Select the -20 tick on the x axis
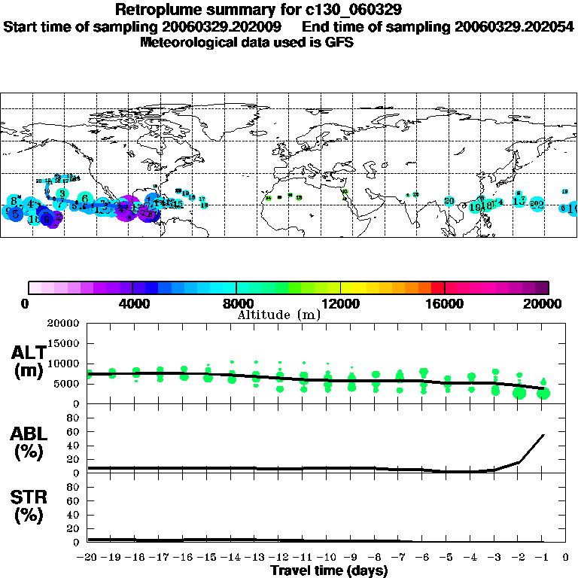click(x=88, y=558)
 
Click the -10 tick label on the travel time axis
click(x=327, y=558)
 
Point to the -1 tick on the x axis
click(x=542, y=558)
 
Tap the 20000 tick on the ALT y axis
click(x=62, y=324)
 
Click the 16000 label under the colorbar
click(x=445, y=304)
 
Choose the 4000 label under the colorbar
click(x=132, y=304)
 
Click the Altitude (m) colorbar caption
click(x=278, y=315)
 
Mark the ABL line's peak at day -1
click(x=543, y=434)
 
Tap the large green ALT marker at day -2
click(x=519, y=392)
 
